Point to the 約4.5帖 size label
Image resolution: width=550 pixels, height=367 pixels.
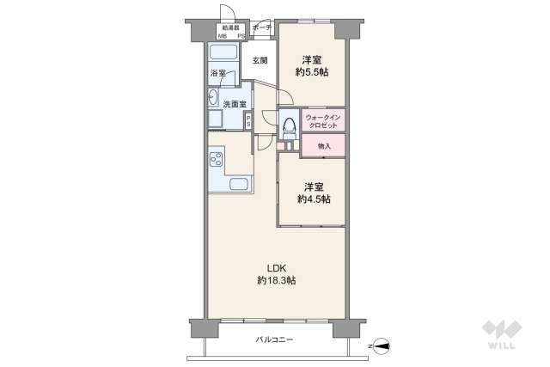pyautogui.click(x=313, y=199)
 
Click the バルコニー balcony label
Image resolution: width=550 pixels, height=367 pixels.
pyautogui.click(x=273, y=340)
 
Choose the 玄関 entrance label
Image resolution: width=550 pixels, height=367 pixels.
pyautogui.click(x=260, y=60)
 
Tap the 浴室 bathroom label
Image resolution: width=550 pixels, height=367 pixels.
pyautogui.click(x=218, y=75)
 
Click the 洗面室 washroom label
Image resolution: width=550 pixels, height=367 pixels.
pyautogui.click(x=235, y=104)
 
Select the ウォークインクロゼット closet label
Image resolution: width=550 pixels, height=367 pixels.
pyautogui.click(x=323, y=119)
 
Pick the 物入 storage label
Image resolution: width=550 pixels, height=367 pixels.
pyautogui.click(x=324, y=146)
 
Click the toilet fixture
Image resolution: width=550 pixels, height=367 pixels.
pyautogui.click(x=288, y=125)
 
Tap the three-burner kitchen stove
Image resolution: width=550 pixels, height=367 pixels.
pyautogui.click(x=215, y=160)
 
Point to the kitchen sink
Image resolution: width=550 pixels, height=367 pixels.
pyautogui.click(x=237, y=185)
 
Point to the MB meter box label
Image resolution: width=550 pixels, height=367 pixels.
pyautogui.click(x=223, y=36)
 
